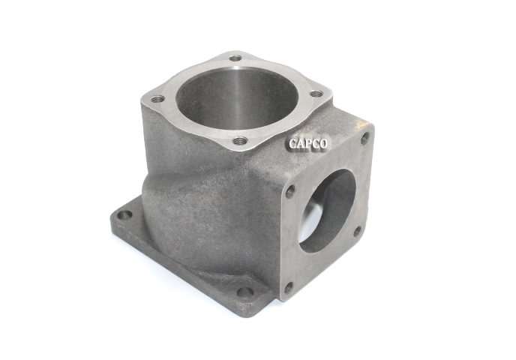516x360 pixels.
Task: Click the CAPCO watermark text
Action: [x=308, y=144]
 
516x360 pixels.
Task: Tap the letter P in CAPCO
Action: [x=309, y=144]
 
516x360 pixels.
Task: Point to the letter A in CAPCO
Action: [x=301, y=144]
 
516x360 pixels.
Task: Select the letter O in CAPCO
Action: [x=323, y=144]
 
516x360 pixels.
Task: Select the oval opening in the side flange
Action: [x=328, y=211]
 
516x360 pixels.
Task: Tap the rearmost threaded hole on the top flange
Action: [x=235, y=58]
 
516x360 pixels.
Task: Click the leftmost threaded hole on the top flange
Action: [x=158, y=99]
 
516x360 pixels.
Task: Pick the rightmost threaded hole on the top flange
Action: [x=316, y=94]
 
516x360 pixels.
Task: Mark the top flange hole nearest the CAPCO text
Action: [x=240, y=142]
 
